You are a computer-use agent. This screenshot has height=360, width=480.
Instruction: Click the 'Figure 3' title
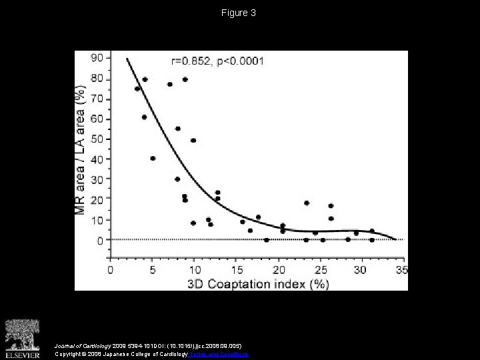(x=239, y=13)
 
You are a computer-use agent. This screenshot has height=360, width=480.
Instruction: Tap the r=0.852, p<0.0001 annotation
(x=217, y=61)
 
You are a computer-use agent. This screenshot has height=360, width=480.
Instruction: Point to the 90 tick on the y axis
(x=97, y=59)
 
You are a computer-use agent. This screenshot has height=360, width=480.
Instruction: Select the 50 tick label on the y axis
(x=97, y=139)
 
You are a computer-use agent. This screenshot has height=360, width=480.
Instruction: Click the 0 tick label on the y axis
(x=101, y=240)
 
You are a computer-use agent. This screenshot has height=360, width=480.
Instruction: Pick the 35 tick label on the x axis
(x=402, y=270)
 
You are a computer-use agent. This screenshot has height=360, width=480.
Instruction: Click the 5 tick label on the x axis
(x=153, y=270)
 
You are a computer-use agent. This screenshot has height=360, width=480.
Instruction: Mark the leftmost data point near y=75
(x=137, y=89)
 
